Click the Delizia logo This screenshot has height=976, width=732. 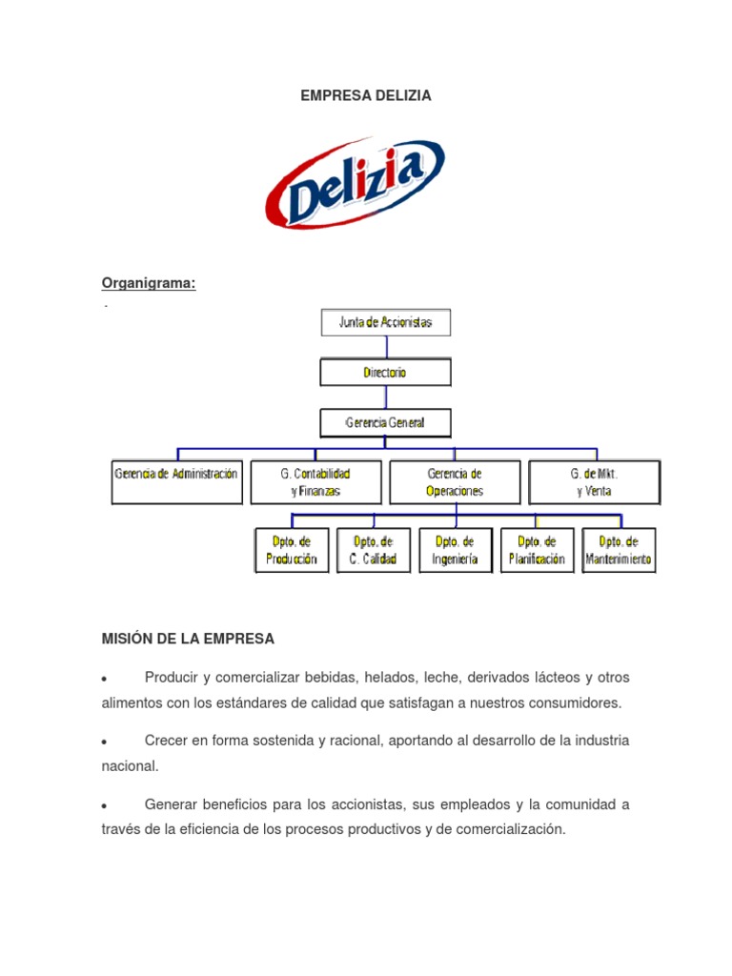(355, 184)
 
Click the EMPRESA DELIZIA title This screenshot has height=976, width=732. (366, 95)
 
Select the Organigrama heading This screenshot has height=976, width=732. (149, 283)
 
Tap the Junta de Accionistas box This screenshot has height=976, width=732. (385, 322)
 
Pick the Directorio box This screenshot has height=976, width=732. (385, 373)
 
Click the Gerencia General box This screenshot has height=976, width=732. (385, 422)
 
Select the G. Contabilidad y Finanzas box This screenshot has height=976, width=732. (315, 482)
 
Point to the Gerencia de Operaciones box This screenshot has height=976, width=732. (455, 482)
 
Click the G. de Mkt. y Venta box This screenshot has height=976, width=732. (594, 482)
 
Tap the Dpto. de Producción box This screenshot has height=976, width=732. (292, 550)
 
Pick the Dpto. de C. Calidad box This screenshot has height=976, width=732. (374, 550)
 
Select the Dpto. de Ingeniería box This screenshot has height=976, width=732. (456, 550)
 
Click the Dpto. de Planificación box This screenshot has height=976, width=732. (538, 550)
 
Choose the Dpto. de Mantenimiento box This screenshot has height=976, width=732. (620, 550)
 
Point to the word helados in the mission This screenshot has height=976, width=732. (382, 678)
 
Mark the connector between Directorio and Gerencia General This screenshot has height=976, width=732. (385, 397)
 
